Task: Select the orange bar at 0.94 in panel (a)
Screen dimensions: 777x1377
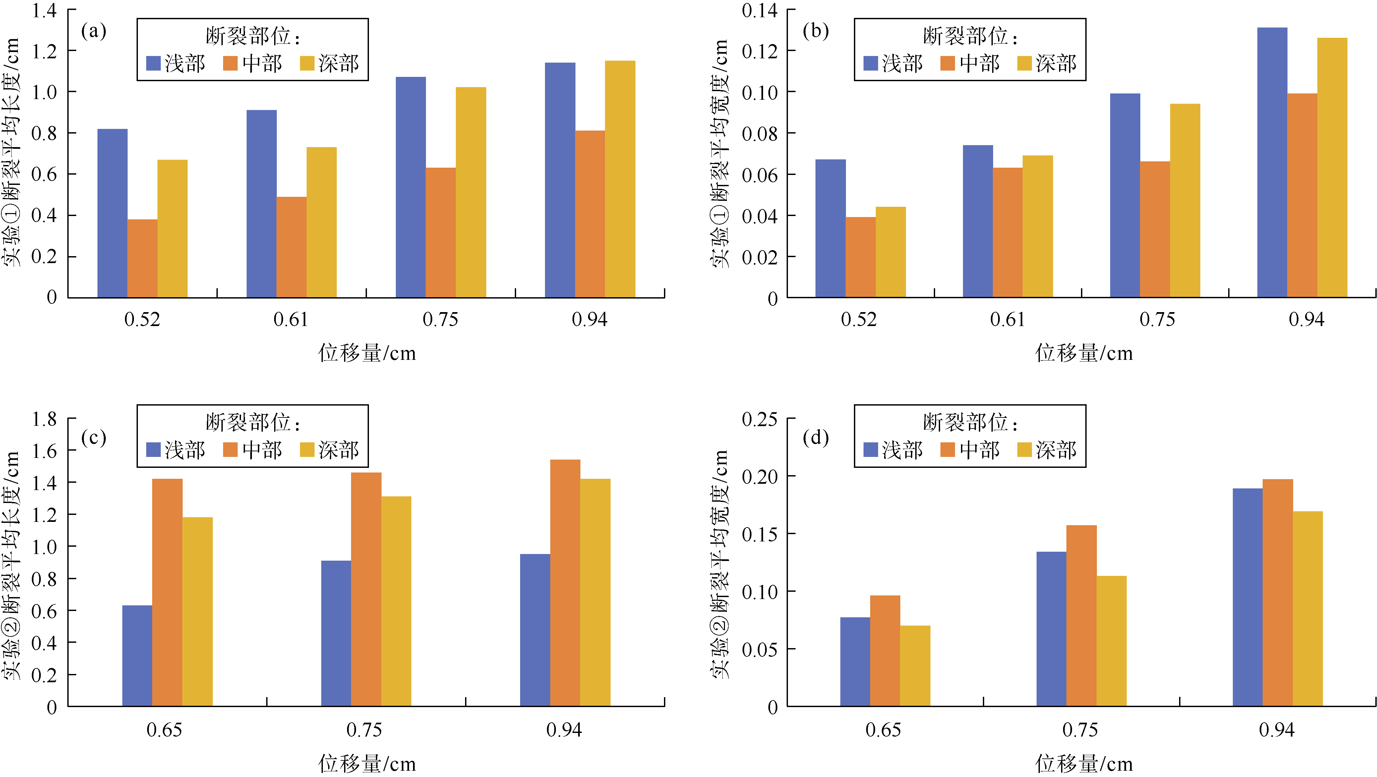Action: [x=590, y=214]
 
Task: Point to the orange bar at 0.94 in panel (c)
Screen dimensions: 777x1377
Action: [x=565, y=583]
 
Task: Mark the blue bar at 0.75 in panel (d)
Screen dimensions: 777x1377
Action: [x=1051, y=629]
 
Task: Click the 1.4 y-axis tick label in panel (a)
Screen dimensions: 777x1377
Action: [x=44, y=11]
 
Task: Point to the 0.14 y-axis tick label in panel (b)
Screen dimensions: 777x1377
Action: [x=759, y=11]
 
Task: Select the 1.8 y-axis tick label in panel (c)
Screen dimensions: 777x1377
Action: [x=44, y=419]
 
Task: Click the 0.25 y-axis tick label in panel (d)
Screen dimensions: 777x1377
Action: [x=759, y=419]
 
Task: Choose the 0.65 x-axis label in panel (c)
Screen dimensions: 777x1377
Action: [x=164, y=730]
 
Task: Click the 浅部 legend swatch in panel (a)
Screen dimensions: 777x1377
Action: [x=153, y=64]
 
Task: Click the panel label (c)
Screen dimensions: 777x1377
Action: [x=93, y=438]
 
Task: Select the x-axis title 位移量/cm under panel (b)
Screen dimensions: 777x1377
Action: [x=1084, y=353]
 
